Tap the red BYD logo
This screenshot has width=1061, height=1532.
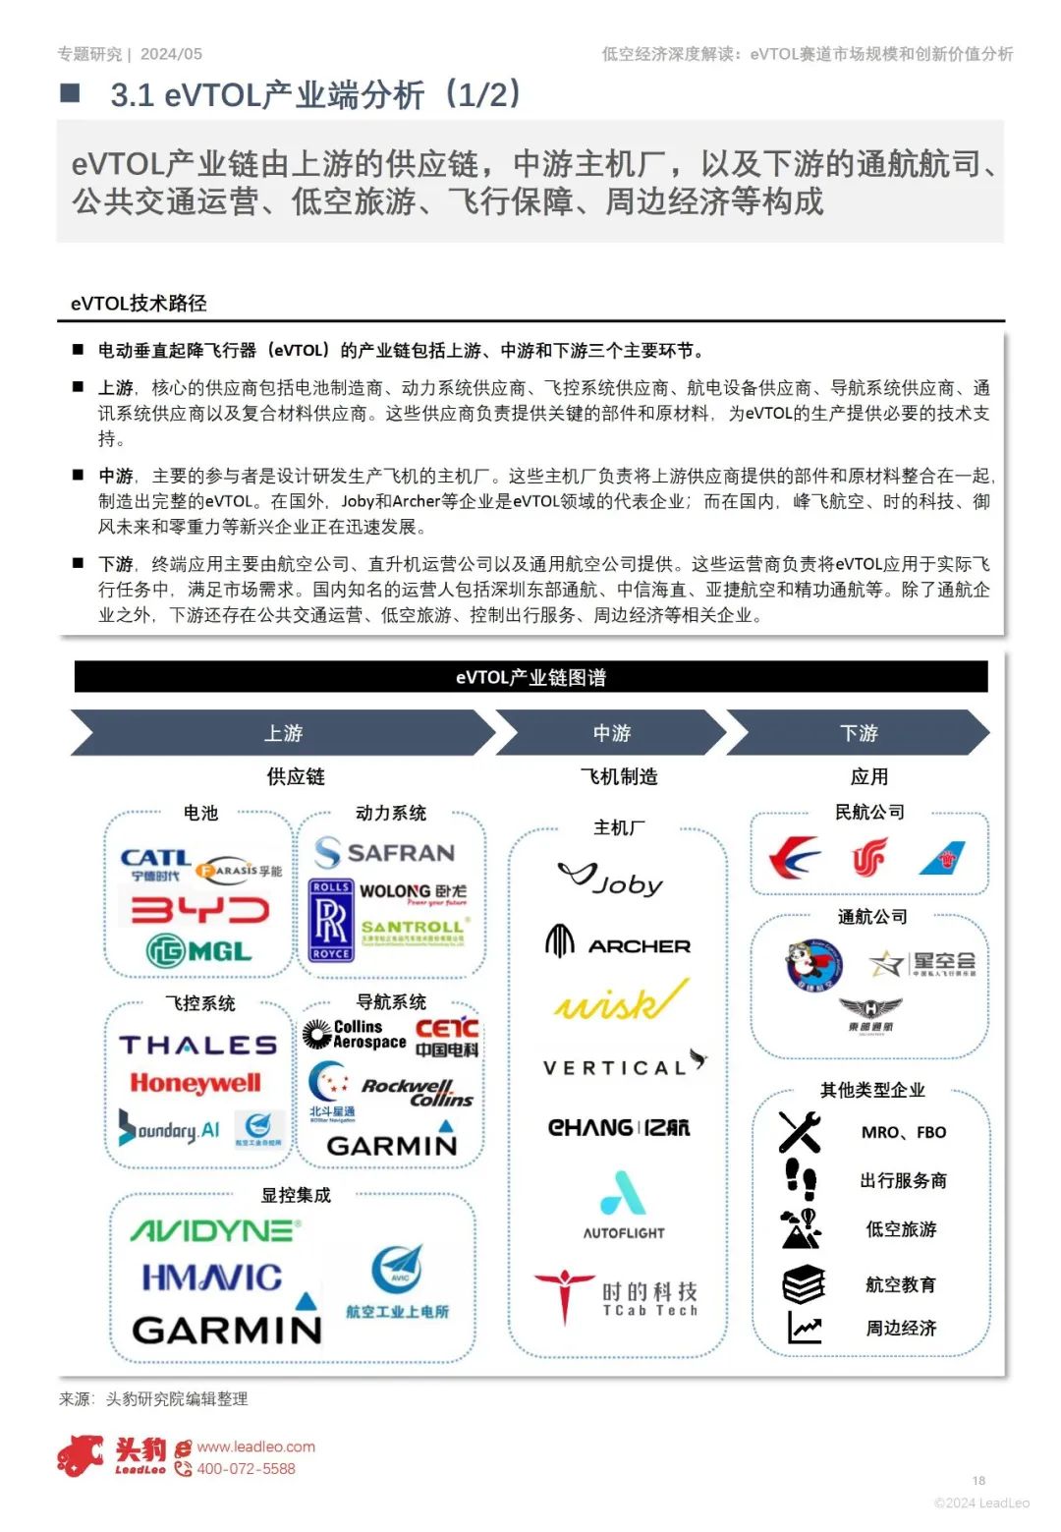[x=199, y=910]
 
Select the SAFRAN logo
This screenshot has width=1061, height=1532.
[x=384, y=852]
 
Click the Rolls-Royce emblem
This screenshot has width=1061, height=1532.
[x=330, y=920]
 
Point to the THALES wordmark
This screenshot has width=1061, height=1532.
[x=197, y=1045]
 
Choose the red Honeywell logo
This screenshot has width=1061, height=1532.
[x=195, y=1083]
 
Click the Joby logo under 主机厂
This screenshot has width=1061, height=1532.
[x=610, y=879]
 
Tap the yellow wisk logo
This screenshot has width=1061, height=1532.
[x=620, y=1001]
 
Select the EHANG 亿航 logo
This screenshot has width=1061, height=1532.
[x=619, y=1127]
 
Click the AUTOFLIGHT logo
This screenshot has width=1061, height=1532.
[x=624, y=1205]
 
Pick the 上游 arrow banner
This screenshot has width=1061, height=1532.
[x=283, y=733]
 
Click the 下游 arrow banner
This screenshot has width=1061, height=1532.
[x=858, y=733]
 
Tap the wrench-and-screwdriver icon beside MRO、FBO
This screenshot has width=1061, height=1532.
[x=799, y=1132]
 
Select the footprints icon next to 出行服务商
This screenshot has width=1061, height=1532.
[x=801, y=1178]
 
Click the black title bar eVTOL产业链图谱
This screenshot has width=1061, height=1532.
[x=530, y=677]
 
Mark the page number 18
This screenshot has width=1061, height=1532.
[x=978, y=1480]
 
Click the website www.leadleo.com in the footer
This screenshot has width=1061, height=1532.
[x=255, y=1447]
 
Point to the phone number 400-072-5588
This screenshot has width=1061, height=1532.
[x=246, y=1469]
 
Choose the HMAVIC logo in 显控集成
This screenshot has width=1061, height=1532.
[x=211, y=1277]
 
